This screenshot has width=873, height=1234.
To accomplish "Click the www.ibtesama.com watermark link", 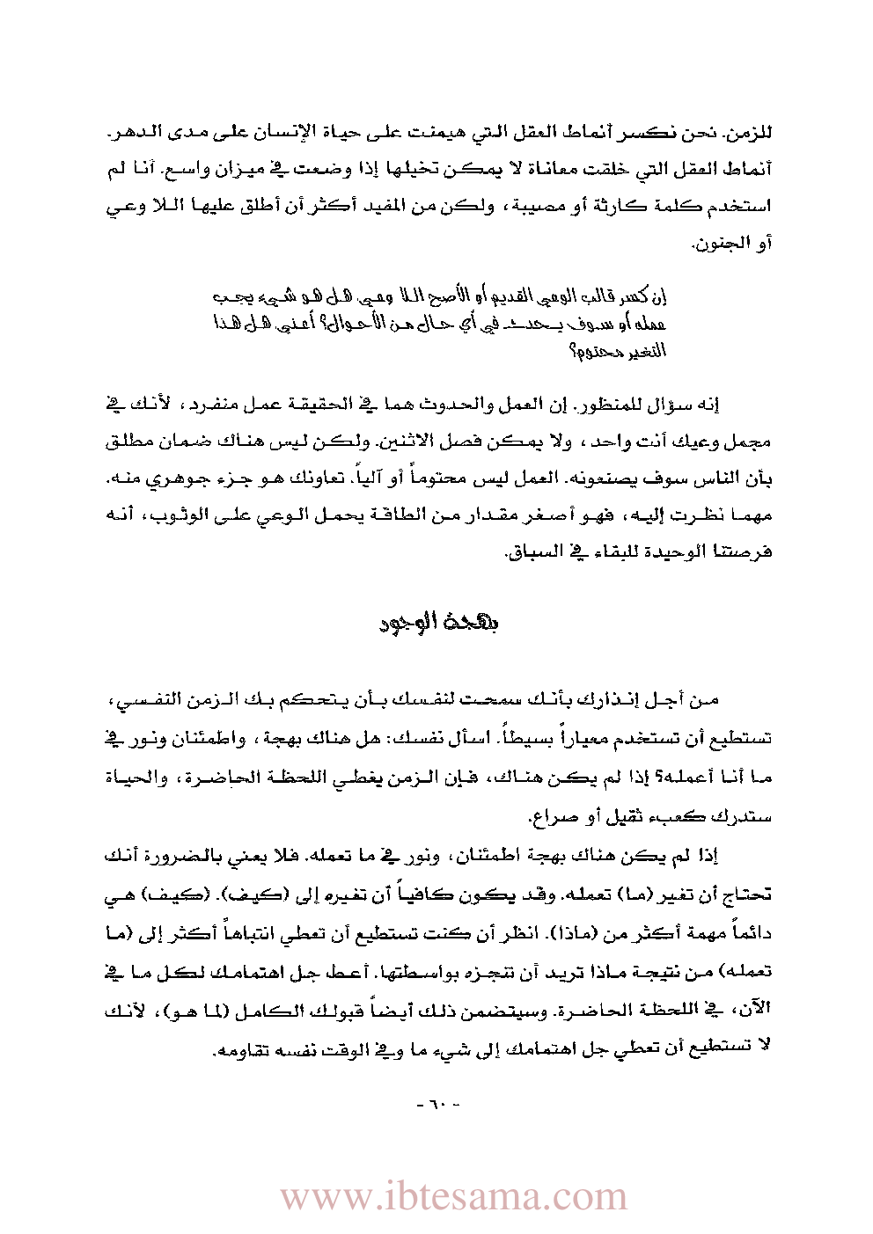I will (453, 1197).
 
